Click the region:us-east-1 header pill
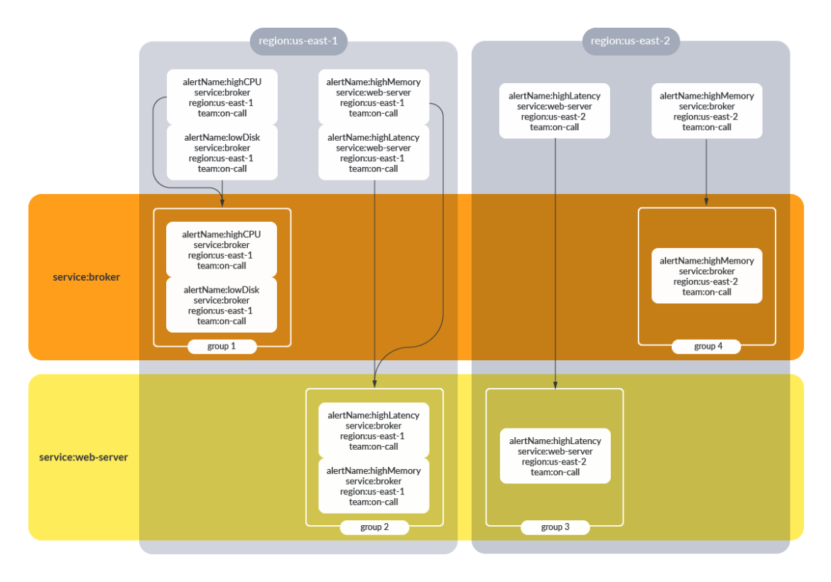(298, 41)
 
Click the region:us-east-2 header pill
(630, 41)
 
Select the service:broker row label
(86, 277)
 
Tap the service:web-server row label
(83, 457)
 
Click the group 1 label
(222, 346)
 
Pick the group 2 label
(374, 527)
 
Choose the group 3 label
(555, 527)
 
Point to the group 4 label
(707, 346)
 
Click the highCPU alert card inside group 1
(221, 249)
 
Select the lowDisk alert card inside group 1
(221, 305)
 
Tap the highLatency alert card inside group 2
(374, 431)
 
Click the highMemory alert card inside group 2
(374, 486)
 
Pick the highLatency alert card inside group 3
(555, 456)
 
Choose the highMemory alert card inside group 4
(707, 276)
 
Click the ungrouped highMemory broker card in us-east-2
(707, 111)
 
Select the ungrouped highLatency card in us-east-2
(554, 111)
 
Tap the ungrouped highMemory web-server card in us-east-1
(373, 97)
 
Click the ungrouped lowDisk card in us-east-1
(222, 153)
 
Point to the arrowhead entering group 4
(706, 203)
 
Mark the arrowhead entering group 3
(555, 384)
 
